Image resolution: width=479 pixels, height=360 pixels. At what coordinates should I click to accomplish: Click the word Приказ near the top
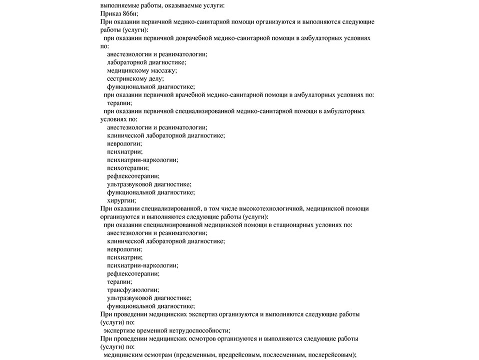pos(111,14)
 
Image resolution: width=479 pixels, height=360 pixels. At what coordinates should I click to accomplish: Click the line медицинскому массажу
pos(138,70)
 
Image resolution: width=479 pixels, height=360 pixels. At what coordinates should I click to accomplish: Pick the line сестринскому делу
pos(135,78)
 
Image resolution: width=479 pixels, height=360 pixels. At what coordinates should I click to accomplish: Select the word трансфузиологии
pos(133,289)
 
